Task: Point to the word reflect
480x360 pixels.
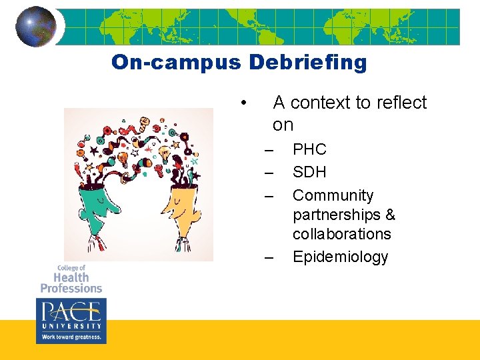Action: click(401, 103)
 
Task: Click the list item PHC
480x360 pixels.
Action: click(309, 149)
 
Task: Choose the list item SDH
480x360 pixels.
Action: click(309, 172)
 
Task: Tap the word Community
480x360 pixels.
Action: click(333, 195)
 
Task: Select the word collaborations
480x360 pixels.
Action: click(341, 234)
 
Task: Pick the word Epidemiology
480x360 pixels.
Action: click(340, 257)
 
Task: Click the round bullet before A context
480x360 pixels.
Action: click(245, 103)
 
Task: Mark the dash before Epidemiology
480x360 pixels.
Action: click(269, 257)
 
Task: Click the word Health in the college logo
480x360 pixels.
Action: click(71, 277)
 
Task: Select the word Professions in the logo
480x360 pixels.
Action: click(71, 288)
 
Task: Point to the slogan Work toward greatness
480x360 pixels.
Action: click(71, 337)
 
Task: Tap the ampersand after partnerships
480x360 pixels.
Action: click(390, 215)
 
